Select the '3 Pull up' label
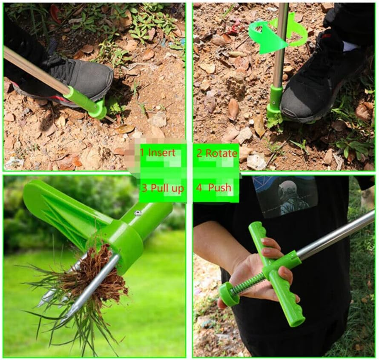point(162,188)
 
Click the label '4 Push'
point(214,187)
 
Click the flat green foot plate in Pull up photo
point(64,209)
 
